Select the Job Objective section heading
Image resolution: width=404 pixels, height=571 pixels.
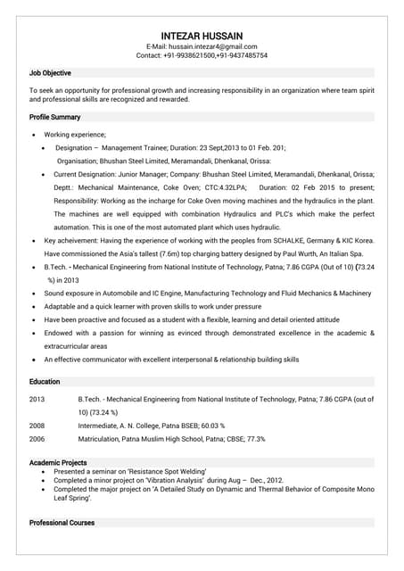pos(50,73)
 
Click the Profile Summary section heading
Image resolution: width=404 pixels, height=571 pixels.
pos(54,117)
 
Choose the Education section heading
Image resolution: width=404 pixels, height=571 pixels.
pos(45,382)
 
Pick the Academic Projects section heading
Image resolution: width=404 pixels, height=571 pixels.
pos(58,462)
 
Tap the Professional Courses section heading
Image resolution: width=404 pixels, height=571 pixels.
pos(62,522)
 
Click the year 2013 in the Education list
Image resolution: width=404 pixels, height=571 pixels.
pos(37,400)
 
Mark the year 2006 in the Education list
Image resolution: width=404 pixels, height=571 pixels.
pos(37,439)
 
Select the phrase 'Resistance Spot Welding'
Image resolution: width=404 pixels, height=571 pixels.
pos(167,471)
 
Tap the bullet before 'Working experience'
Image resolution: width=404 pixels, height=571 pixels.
pos(34,134)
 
